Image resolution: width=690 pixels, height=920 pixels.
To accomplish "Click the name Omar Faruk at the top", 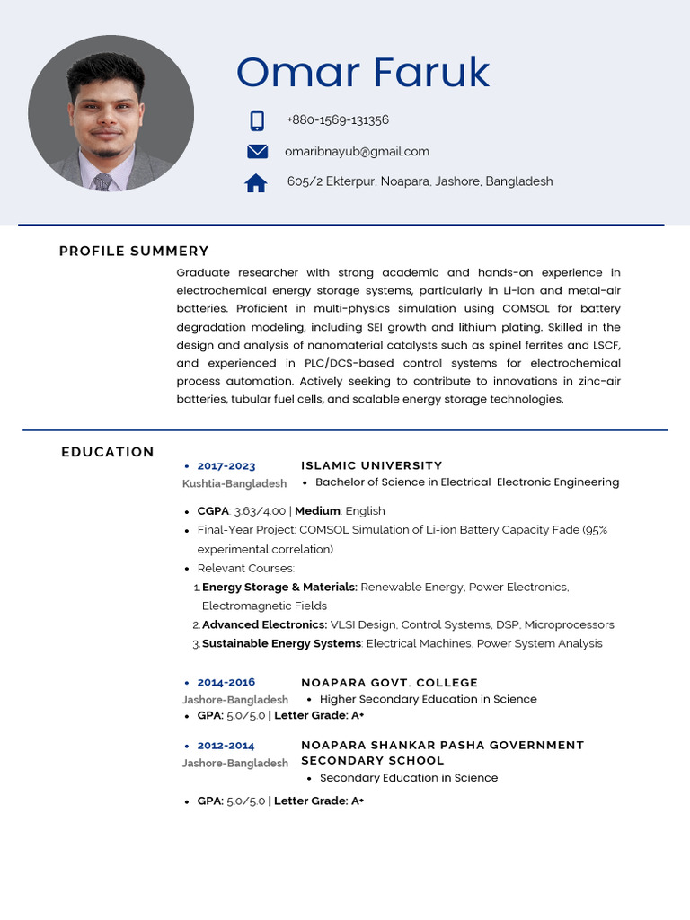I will [363, 73].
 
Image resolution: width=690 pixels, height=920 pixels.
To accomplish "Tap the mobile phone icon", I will [257, 120].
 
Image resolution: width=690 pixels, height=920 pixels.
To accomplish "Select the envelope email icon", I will [258, 152].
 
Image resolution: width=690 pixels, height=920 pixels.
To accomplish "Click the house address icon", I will [256, 183].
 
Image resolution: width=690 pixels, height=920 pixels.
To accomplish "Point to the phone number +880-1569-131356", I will [338, 120].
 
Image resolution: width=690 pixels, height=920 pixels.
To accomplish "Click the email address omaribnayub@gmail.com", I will [357, 152].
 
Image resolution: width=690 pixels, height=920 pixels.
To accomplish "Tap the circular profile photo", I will [111, 113].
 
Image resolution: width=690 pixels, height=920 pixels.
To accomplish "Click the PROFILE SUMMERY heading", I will [134, 252].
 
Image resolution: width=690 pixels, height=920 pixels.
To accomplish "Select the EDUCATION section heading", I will [108, 452].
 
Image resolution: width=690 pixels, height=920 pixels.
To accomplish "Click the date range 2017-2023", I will [226, 466].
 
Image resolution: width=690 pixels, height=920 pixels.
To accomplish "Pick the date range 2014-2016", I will [226, 683].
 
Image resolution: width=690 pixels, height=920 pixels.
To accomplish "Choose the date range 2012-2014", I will [226, 746].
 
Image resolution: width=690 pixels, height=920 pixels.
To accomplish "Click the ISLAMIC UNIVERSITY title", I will [372, 465].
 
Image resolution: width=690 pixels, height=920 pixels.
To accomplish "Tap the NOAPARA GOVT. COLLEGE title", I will [390, 683].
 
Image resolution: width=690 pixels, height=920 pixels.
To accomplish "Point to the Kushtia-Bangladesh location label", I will [234, 484].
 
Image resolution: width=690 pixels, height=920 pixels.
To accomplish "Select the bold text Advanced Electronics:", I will [264, 625].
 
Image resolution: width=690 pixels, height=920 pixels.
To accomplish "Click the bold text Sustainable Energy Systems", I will [281, 644].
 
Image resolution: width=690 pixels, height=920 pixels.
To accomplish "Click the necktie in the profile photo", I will [102, 181].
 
